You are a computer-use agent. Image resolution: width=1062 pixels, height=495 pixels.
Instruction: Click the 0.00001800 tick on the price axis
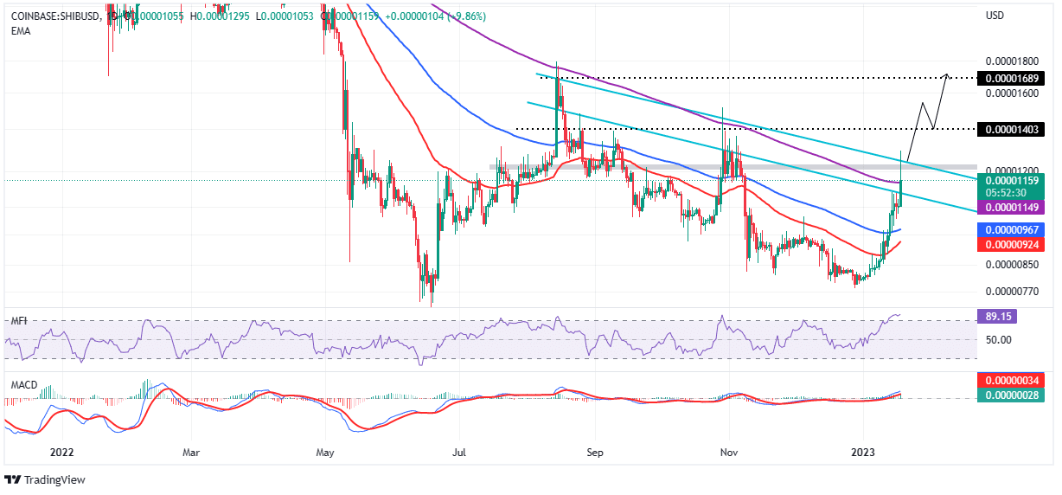(x=1011, y=62)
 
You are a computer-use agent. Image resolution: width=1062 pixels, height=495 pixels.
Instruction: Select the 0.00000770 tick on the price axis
(x=1011, y=292)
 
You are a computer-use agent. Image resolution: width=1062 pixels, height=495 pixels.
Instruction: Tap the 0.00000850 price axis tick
(x=1011, y=265)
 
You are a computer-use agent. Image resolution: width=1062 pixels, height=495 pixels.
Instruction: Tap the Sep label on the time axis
(x=593, y=452)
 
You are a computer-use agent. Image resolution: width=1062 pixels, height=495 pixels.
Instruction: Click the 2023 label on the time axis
(x=867, y=452)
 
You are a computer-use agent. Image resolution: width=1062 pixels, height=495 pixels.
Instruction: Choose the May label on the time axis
(x=325, y=452)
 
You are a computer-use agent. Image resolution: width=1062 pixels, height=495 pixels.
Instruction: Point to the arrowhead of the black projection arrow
(x=949, y=75)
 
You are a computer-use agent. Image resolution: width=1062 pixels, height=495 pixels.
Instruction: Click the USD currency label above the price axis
(x=997, y=16)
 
